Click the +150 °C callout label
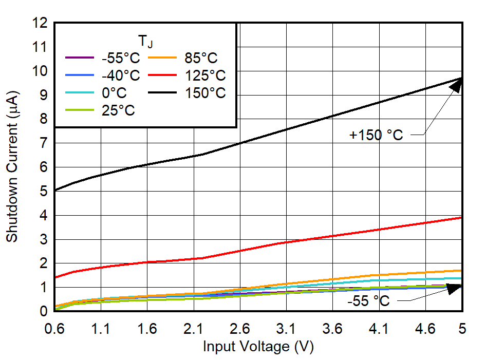click(x=376, y=135)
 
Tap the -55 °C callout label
click(x=368, y=301)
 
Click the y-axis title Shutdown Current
click(x=12, y=167)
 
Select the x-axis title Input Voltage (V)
click(x=258, y=347)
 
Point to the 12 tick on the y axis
click(x=40, y=23)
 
